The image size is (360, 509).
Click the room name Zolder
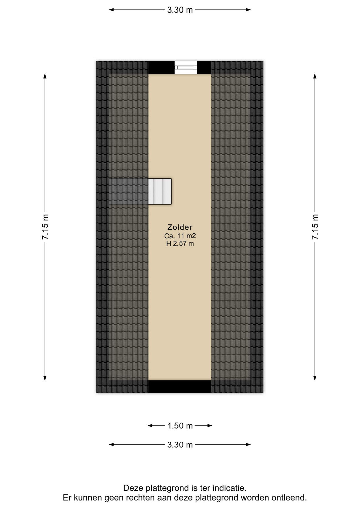coord(180,227)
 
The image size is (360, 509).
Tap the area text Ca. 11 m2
coord(180,236)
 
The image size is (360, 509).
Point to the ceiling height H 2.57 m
coord(180,244)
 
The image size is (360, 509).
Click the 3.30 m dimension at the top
coord(180,10)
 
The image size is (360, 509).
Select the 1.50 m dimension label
coord(180,426)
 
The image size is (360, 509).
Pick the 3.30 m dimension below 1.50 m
coord(180,445)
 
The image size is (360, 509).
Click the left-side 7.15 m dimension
coord(45,227)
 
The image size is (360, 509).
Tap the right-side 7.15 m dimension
coord(315,227)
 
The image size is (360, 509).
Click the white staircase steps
coord(160,191)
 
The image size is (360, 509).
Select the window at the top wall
coord(186,68)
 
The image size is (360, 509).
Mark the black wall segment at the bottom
coord(180,387)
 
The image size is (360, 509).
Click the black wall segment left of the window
coord(161,68)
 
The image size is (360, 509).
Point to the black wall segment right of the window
coord(204,68)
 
